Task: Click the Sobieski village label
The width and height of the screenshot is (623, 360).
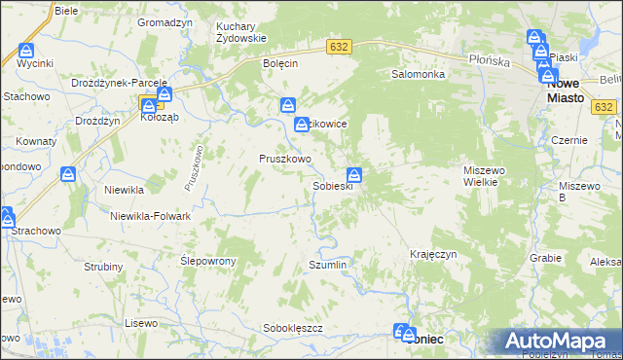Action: point(332,186)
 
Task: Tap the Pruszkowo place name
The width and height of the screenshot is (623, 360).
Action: point(284,159)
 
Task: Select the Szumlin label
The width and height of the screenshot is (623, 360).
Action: point(327,265)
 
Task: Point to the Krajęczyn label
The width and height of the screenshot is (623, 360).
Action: point(433,254)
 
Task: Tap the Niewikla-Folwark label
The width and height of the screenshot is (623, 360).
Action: point(150,216)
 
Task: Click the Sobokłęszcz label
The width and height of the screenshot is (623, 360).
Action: point(292,328)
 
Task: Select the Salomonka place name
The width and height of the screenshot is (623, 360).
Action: point(418,74)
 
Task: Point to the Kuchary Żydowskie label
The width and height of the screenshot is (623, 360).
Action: point(241,32)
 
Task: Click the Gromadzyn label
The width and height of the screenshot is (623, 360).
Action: point(163,21)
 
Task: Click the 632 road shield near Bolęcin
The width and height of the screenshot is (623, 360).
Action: point(339,47)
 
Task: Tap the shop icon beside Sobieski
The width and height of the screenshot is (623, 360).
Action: point(355,175)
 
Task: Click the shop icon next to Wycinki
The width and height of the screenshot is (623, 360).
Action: point(26,51)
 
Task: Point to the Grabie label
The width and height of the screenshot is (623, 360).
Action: point(546,259)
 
